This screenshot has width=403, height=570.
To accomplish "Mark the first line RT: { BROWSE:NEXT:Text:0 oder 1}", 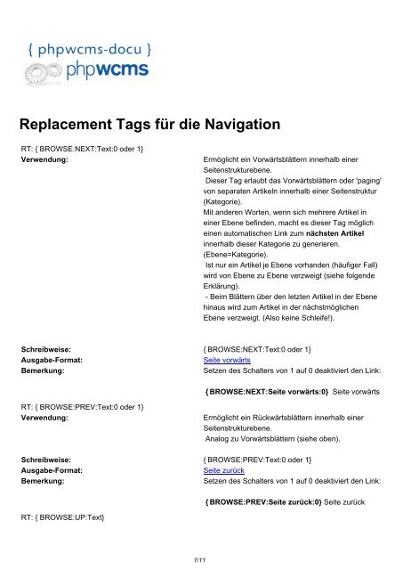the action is pos(85,146).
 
